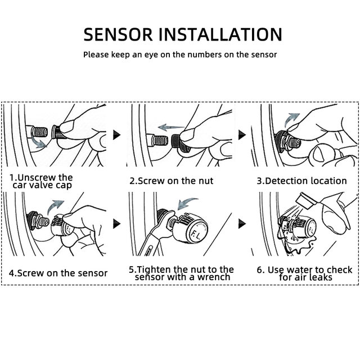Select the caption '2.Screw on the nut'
(172, 181)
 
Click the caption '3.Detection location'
(301, 181)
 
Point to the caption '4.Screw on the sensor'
(58, 273)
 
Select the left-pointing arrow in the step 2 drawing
(172, 127)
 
